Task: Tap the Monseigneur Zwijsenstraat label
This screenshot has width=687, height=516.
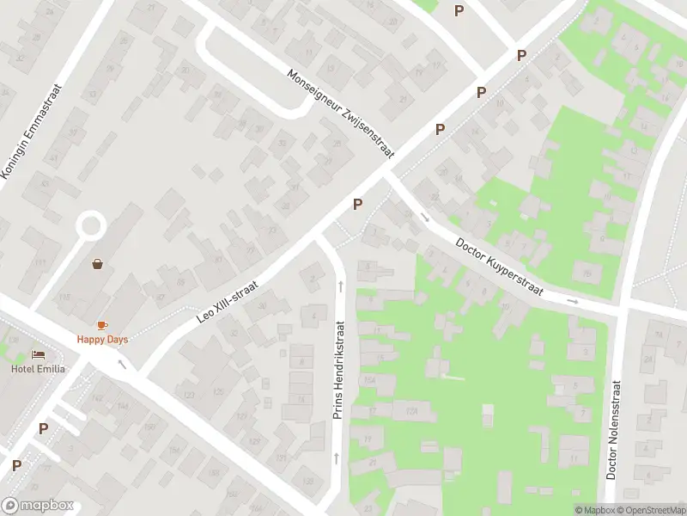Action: click(340, 113)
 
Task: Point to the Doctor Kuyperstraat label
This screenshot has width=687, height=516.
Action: click(500, 267)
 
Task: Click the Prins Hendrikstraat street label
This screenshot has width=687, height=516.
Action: click(338, 371)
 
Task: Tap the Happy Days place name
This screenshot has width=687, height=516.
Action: click(102, 340)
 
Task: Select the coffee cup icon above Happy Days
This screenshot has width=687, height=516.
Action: click(102, 325)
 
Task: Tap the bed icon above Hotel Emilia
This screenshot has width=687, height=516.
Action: click(38, 354)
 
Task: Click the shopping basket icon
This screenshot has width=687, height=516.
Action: click(98, 264)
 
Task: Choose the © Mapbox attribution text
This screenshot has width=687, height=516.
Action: click(594, 510)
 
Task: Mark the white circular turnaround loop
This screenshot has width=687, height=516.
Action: click(91, 227)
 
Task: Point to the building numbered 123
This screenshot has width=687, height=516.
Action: click(189, 395)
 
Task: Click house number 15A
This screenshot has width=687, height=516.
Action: click(370, 379)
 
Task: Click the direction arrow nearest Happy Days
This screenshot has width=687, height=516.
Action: click(121, 364)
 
